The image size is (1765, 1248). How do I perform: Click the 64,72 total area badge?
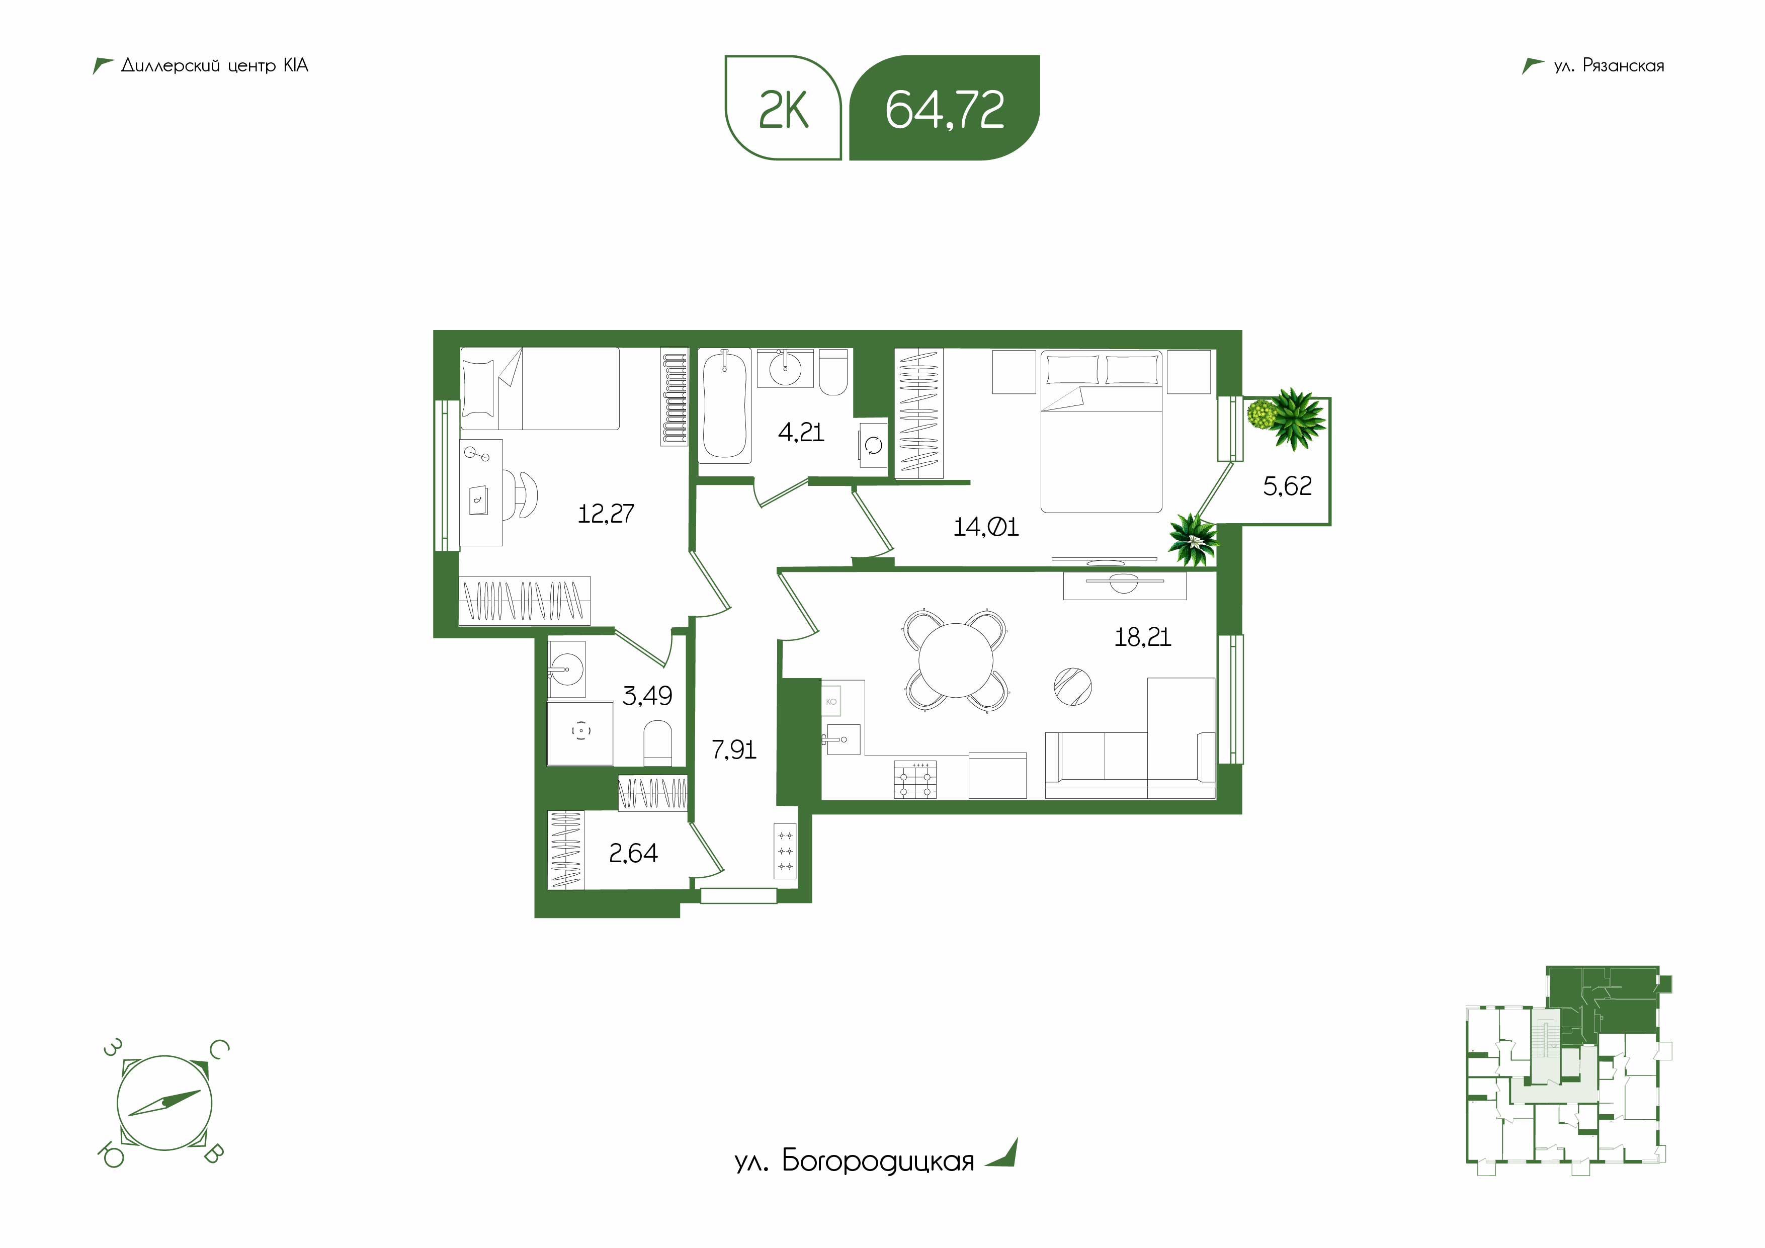(944, 108)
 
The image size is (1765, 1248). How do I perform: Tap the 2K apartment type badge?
(783, 108)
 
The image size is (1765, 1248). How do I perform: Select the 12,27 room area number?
(606, 514)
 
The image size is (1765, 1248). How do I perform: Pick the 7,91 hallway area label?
(734, 749)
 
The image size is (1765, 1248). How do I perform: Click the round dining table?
(956, 660)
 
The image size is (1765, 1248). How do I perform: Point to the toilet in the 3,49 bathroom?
(657, 743)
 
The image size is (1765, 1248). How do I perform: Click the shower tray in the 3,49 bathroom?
(580, 733)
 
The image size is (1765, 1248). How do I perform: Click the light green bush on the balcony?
(1260, 414)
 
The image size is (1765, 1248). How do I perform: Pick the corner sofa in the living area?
(1130, 738)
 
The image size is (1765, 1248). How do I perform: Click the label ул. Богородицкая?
(854, 1161)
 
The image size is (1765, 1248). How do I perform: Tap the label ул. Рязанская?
(1608, 66)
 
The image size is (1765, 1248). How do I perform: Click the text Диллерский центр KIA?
(214, 66)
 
